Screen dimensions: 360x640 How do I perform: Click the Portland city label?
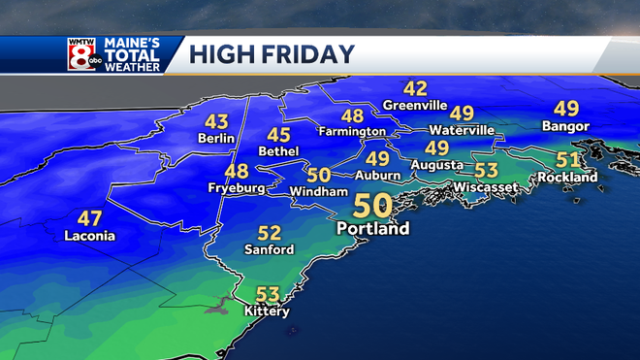click(x=373, y=229)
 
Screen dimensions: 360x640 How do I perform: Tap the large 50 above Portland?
click(x=373, y=207)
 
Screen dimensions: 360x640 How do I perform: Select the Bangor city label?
click(x=566, y=126)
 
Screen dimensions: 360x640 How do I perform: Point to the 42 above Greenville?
click(x=415, y=88)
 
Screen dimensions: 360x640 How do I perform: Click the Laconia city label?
click(x=89, y=236)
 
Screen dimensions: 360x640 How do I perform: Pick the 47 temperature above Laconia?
click(x=89, y=217)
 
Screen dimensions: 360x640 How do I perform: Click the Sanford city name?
click(x=269, y=249)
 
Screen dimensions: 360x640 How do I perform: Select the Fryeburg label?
click(x=236, y=188)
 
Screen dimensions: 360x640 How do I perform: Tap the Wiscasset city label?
click(x=486, y=186)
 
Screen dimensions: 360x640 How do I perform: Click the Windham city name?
click(x=319, y=192)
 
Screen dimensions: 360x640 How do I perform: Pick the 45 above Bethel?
click(x=278, y=135)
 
